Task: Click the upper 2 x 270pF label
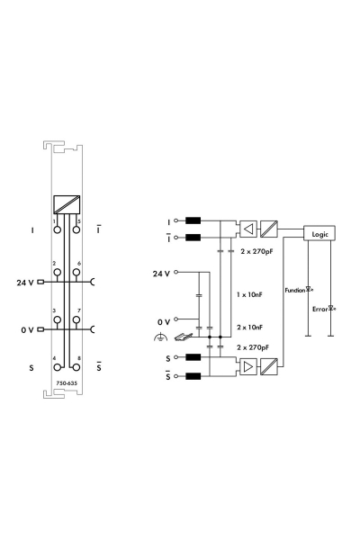[256, 253]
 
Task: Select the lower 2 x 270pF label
[256, 346]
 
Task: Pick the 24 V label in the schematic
[158, 271]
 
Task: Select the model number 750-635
[66, 382]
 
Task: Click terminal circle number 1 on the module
[57, 229]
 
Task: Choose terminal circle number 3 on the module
[57, 321]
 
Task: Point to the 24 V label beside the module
[25, 283]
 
